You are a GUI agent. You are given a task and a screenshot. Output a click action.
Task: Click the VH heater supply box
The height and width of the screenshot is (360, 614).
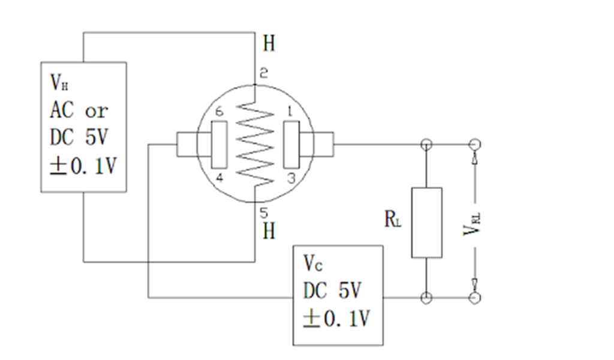coord(83,127)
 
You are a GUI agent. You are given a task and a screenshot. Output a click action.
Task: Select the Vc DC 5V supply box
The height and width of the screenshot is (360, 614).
coord(338,295)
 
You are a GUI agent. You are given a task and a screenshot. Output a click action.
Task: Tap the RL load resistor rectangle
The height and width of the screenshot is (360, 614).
coord(426,222)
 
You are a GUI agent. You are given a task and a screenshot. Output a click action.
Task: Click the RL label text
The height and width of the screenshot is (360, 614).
coord(393,219)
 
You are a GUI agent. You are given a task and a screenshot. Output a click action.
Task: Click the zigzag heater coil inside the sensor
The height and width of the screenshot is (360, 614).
coord(255,143)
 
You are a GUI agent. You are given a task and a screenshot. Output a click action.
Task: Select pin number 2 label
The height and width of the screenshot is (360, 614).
coord(263,74)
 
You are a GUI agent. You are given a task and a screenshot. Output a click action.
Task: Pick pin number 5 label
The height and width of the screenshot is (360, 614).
coord(264,211)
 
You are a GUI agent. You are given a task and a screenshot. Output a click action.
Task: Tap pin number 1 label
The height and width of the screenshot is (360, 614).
coord(291,112)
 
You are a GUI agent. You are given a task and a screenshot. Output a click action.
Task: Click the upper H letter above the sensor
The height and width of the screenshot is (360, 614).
coord(269,44)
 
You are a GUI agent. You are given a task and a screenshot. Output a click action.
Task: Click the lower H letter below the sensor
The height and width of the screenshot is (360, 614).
coord(269,231)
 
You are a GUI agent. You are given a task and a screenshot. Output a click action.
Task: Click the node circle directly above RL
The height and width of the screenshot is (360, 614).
coord(426,144)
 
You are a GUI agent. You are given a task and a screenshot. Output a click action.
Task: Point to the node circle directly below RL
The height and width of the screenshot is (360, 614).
coord(426,297)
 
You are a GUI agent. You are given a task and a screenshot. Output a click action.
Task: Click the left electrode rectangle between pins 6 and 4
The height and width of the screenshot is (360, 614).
coord(219,144)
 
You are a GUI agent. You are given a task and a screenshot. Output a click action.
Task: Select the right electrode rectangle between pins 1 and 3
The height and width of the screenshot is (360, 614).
coord(291,144)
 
